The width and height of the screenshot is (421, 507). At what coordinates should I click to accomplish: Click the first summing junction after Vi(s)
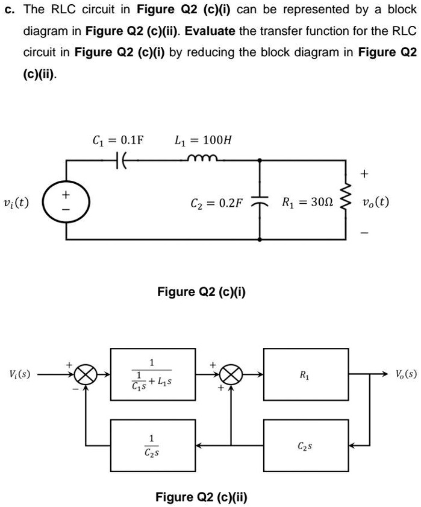pos(86,374)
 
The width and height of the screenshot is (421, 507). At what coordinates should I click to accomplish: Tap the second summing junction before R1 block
pos(231,374)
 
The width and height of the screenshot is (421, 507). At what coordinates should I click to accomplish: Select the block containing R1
pos(306,374)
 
